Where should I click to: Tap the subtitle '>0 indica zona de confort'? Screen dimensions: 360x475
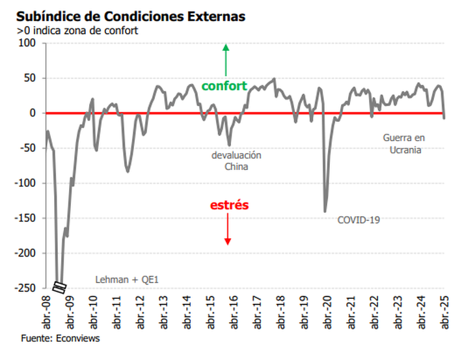click(77, 30)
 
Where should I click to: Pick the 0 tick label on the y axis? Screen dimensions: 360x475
click(33, 113)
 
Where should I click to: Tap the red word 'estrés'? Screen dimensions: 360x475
click(229, 205)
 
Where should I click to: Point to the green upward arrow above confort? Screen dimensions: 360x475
click(226, 60)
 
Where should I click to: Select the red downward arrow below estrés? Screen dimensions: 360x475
click(228, 228)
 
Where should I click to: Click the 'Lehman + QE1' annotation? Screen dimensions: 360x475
click(127, 279)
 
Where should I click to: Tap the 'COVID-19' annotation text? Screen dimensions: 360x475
click(358, 220)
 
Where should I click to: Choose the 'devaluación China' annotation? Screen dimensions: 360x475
click(236, 161)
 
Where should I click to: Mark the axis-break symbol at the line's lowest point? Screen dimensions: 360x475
click(59, 286)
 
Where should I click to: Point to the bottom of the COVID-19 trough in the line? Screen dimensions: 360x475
click(325, 211)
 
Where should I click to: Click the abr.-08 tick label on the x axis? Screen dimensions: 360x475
click(46, 313)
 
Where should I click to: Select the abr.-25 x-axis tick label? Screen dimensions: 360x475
click(445, 313)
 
